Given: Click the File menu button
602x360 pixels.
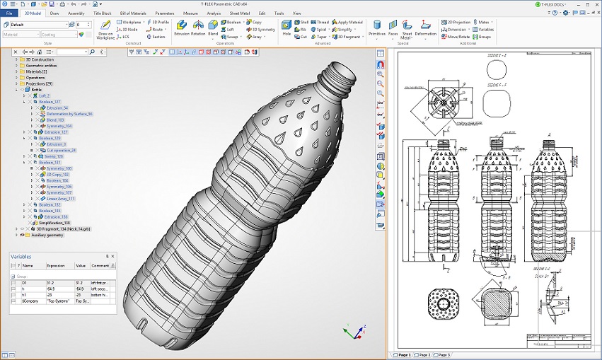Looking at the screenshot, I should [9, 13].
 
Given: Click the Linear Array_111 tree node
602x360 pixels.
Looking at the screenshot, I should [61, 199].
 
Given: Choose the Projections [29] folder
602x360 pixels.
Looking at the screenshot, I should [40, 83].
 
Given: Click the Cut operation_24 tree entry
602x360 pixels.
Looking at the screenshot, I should [61, 150].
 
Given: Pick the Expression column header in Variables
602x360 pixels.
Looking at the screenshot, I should [58, 266].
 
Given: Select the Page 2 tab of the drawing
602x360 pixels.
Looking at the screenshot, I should [424, 354].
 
